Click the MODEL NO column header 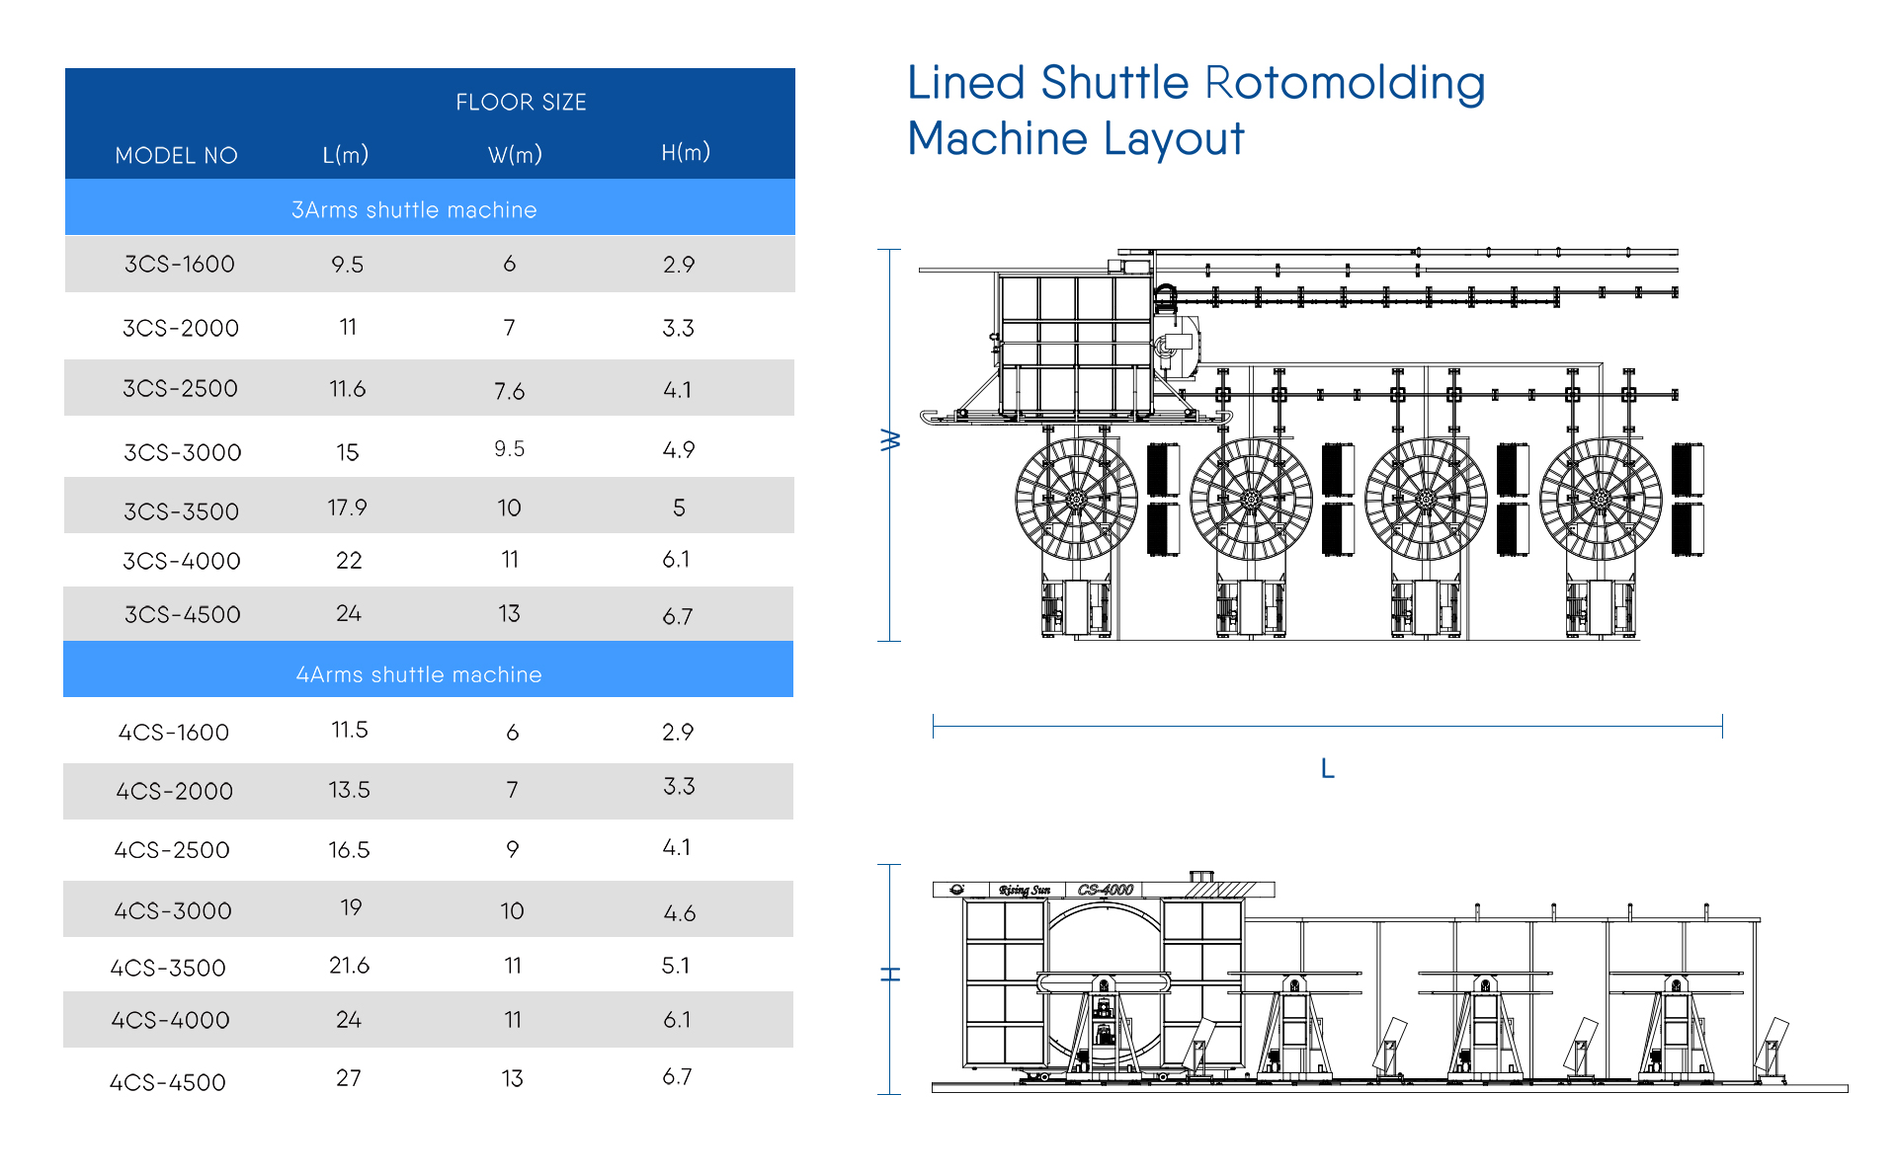[176, 155]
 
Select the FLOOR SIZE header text [521, 102]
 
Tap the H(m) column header [686, 152]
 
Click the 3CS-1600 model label [180, 264]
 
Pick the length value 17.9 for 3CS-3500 [347, 508]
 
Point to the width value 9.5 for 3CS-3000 [509, 449]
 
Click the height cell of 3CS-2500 [678, 390]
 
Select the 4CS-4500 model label [168, 1082]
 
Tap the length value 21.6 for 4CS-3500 [349, 966]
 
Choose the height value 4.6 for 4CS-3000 [680, 913]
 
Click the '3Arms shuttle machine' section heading [414, 209]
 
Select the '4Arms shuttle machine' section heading [419, 674]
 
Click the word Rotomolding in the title [1345, 83]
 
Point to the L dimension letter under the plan [1328, 768]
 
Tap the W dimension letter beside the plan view [890, 440]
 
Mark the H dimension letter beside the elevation [890, 975]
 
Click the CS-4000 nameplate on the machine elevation [1105, 890]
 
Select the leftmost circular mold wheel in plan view [1076, 499]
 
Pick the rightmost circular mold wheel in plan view [1601, 499]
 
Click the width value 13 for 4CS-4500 [512, 1078]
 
